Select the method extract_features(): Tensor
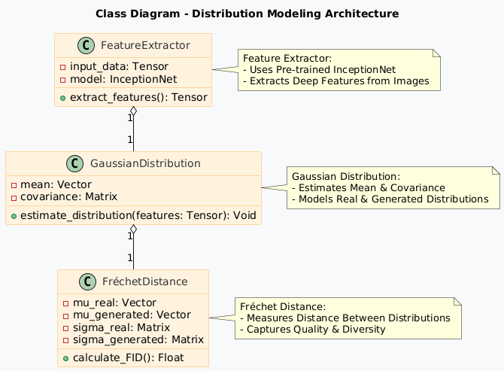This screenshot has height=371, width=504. pyautogui.click(x=134, y=97)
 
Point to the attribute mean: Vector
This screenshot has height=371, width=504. pyautogui.click(x=52, y=184)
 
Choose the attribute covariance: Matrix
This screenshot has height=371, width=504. pyautogui.click(x=68, y=197)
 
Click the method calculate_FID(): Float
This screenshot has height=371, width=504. pyautogui.click(x=124, y=357)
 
